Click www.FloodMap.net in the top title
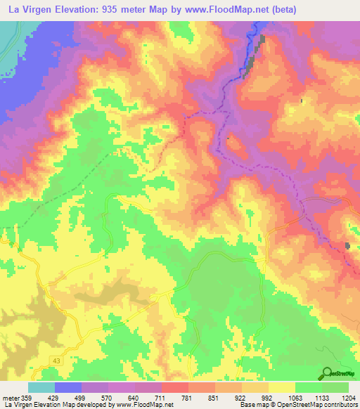[218, 10]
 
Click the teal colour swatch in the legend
[41, 387]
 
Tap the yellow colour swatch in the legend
[282, 387]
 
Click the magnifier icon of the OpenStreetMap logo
[326, 373]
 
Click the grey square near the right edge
[347, 245]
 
